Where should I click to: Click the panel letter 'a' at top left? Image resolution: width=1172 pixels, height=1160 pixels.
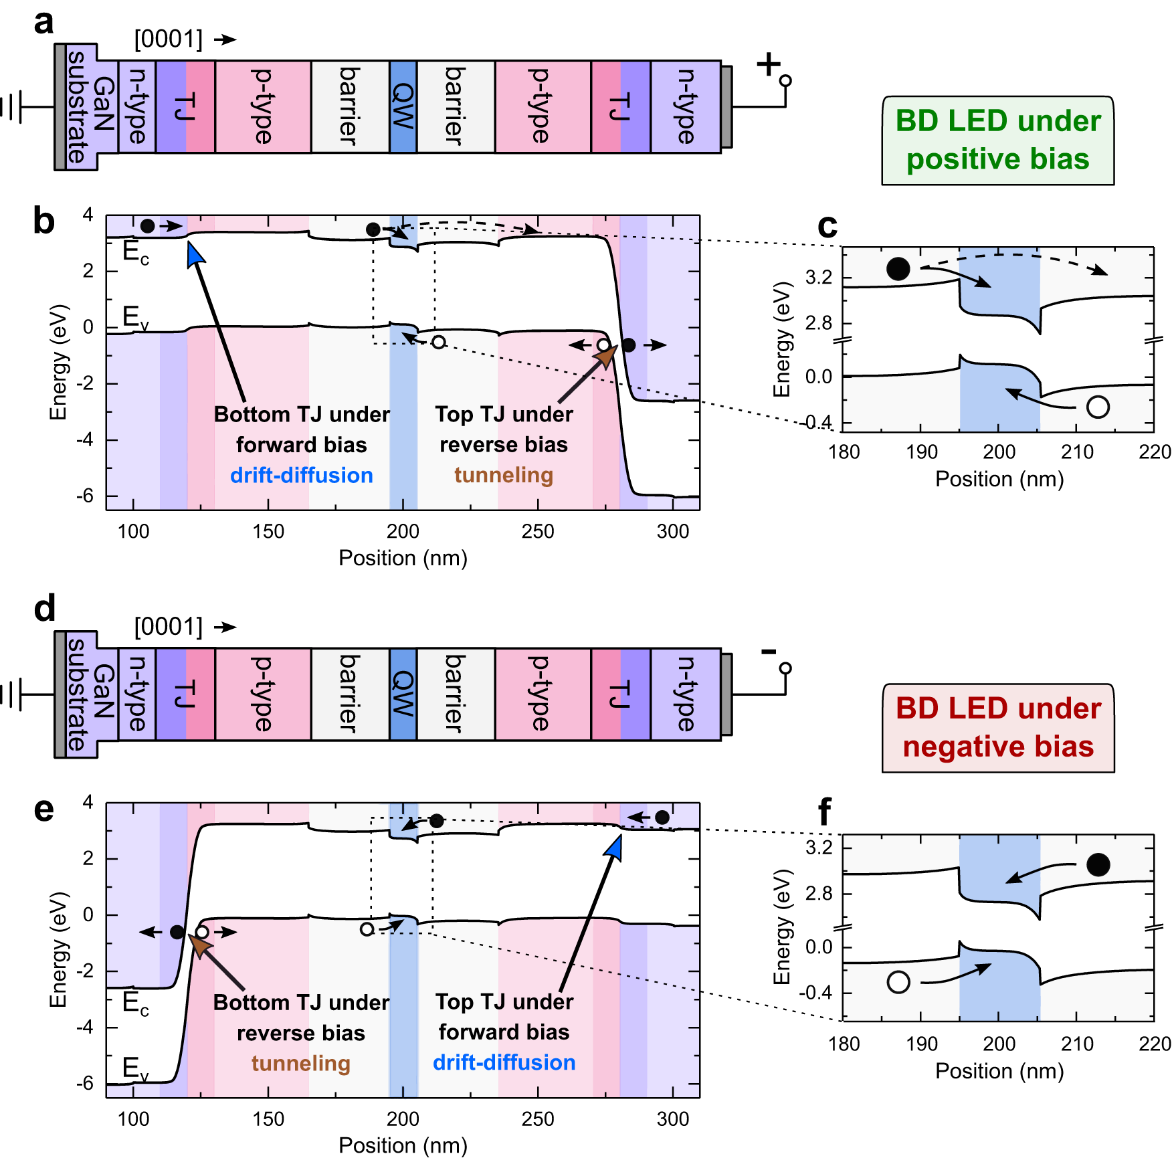(43, 21)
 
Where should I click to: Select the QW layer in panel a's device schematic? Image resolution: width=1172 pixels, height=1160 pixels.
(403, 107)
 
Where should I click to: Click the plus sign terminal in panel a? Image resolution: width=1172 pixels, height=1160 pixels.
(769, 65)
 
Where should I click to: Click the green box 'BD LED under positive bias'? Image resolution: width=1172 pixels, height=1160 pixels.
(997, 140)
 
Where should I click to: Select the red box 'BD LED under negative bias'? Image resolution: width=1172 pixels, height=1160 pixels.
(997, 727)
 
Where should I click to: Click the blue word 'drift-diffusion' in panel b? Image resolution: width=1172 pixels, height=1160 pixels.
(301, 475)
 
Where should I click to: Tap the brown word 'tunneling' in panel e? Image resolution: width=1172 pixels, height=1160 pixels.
(301, 1063)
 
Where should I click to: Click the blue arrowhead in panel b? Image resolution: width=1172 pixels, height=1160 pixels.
(195, 254)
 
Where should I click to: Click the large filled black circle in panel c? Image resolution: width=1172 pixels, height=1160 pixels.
(898, 269)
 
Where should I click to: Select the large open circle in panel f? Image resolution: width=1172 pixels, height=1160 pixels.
(898, 982)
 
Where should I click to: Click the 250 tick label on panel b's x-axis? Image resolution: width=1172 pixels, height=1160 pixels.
(538, 531)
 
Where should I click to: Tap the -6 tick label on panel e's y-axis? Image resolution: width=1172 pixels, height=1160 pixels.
(84, 1083)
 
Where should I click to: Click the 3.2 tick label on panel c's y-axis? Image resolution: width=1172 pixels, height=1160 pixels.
(819, 277)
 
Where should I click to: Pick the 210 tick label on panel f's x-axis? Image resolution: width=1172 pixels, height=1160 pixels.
(1077, 1044)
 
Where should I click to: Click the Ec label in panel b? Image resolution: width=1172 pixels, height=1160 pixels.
(136, 253)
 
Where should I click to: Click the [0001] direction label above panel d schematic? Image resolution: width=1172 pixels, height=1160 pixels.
(168, 627)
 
